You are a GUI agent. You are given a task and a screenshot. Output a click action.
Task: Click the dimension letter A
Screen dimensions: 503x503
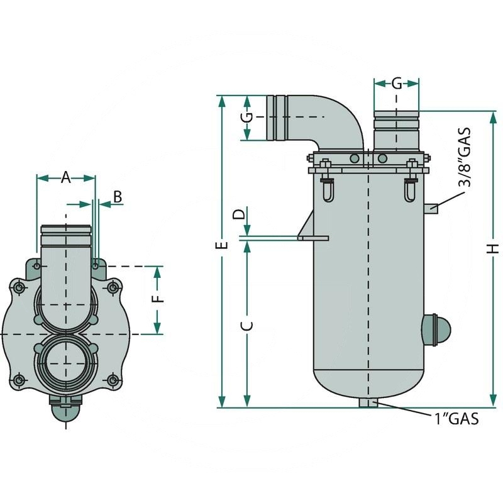point(65,178)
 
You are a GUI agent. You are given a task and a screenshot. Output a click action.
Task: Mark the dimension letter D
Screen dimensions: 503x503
point(240,214)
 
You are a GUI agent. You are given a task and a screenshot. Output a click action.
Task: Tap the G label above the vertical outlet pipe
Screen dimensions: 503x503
point(397,83)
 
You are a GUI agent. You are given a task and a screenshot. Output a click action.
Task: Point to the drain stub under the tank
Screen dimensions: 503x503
point(369,402)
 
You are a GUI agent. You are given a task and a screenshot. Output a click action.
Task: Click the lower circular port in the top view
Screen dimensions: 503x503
point(65,363)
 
